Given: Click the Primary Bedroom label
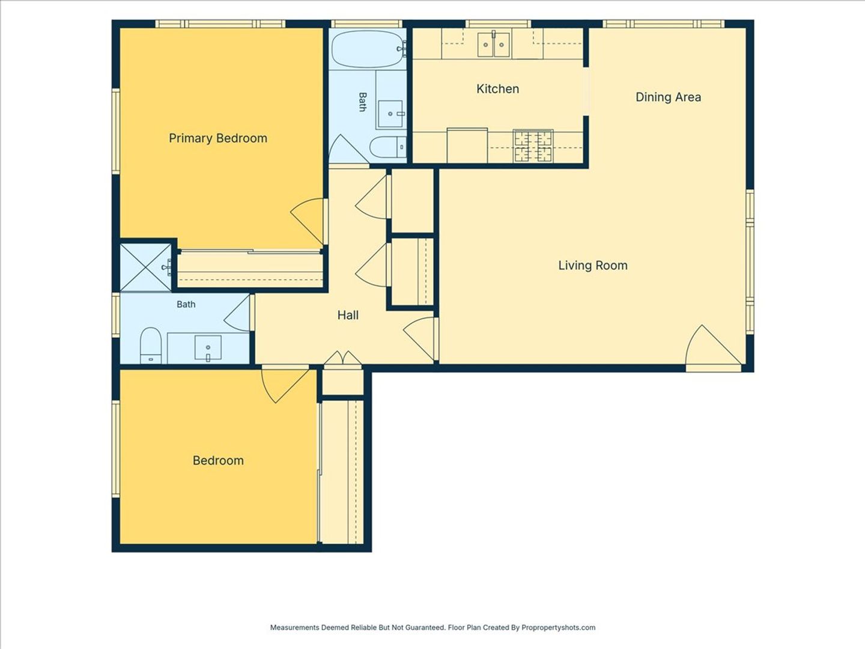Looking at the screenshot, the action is click(218, 138).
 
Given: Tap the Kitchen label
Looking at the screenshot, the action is click(497, 89).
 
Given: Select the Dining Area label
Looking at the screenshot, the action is click(668, 97).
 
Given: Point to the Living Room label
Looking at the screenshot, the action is click(593, 266).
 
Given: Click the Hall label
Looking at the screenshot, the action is click(348, 315).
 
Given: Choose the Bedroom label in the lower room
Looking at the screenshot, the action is click(218, 461).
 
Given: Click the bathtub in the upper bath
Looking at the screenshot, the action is click(368, 50).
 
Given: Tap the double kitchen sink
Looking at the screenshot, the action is click(493, 44).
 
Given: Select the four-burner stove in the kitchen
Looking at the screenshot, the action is click(533, 146).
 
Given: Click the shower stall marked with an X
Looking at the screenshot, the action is click(146, 268).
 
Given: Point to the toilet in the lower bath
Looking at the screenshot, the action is click(151, 346).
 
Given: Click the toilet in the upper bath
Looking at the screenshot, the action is click(388, 147).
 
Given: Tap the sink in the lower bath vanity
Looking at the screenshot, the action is click(208, 349).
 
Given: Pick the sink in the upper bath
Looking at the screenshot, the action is click(390, 114).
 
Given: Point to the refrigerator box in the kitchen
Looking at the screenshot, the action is click(467, 145).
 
